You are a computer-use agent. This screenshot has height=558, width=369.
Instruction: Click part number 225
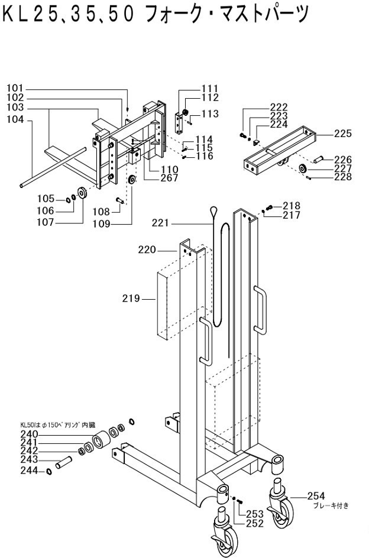[342, 134]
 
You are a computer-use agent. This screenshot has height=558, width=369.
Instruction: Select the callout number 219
[132, 299]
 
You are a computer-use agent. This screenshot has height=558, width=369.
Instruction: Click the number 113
[210, 113]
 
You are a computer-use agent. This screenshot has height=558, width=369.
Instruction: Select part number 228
[342, 177]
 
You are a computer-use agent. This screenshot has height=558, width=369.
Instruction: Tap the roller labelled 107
[82, 194]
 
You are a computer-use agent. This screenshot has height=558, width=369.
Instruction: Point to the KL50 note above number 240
[59, 425]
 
